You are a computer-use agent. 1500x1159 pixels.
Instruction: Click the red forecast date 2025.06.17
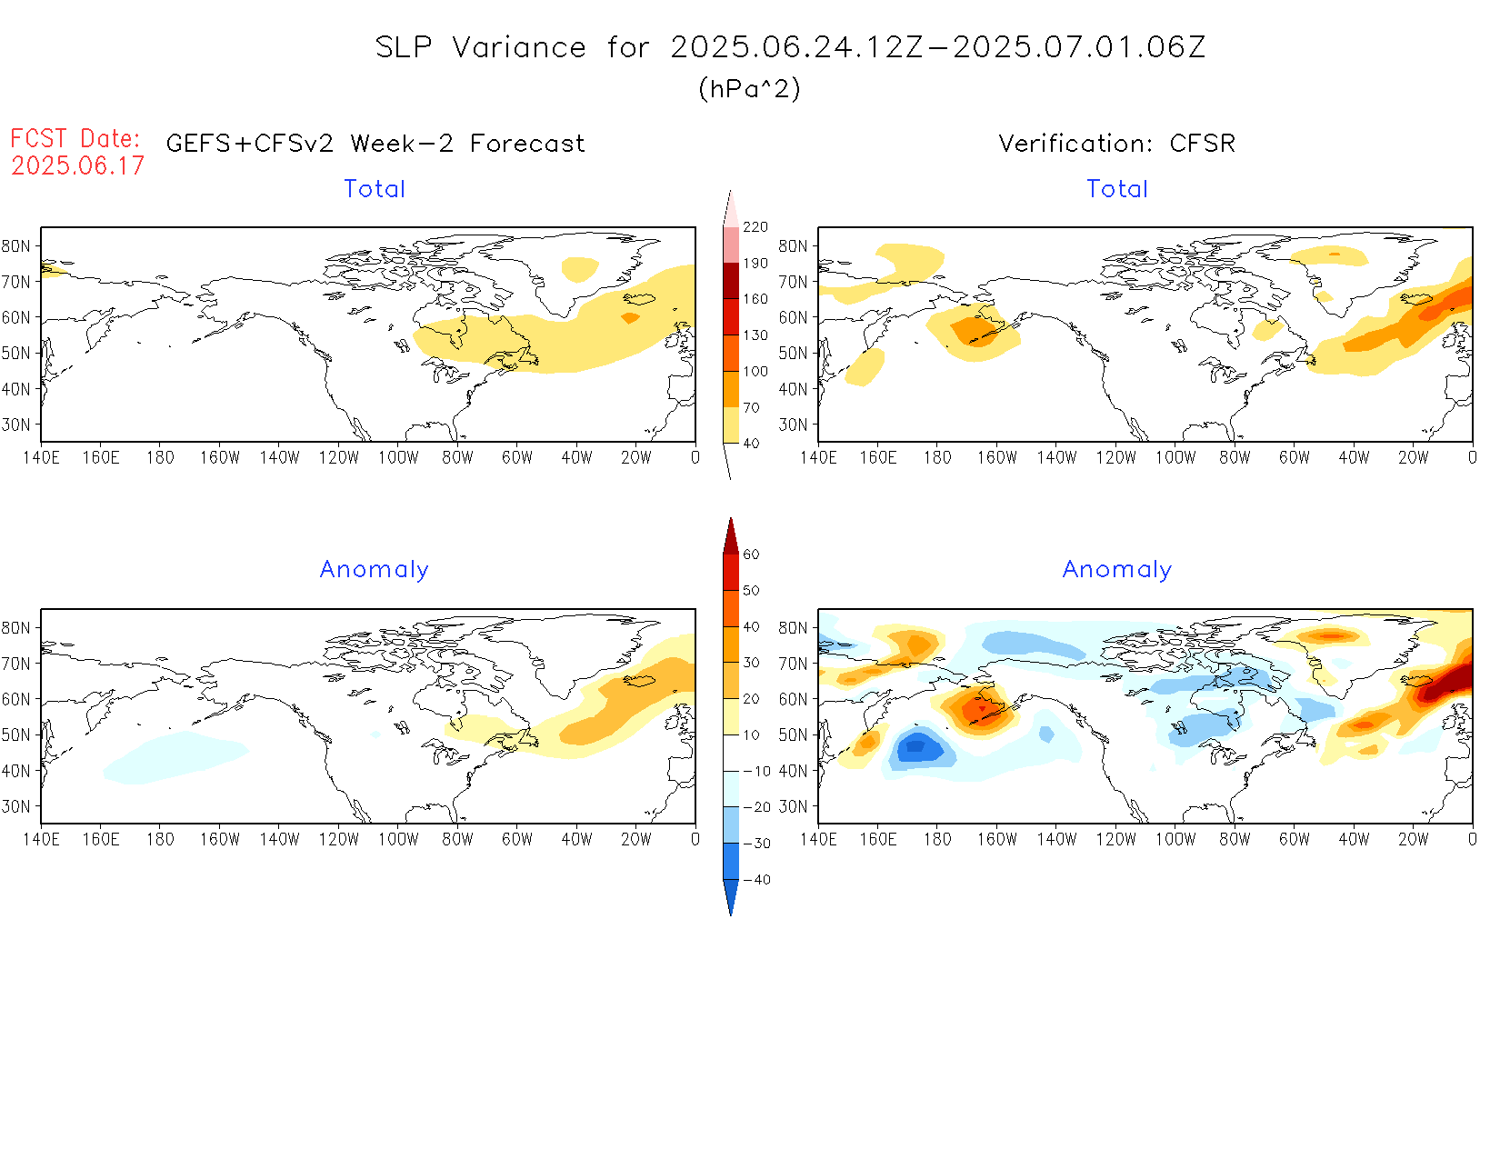78,165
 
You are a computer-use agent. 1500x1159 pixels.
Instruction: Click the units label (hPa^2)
749,88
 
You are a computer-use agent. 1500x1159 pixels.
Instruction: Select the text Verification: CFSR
1116,143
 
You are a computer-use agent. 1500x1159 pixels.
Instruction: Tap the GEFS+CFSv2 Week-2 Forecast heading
375,143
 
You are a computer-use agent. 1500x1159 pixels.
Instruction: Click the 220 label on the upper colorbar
755,226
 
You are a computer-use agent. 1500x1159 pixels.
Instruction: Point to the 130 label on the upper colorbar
755,335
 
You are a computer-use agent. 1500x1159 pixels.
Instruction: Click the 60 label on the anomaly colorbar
751,555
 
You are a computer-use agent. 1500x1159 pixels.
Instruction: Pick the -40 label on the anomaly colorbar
756,880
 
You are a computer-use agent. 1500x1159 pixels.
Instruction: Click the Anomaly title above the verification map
1116,569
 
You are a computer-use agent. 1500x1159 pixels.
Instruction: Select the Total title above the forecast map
375,188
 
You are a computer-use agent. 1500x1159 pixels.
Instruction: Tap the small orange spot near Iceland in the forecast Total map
630,317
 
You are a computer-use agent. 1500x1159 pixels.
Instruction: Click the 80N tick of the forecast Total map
16,245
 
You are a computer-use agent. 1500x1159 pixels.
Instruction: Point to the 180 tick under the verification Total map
937,458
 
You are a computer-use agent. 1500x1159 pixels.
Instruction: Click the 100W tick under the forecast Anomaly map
398,840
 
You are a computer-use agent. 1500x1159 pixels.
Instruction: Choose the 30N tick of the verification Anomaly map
793,806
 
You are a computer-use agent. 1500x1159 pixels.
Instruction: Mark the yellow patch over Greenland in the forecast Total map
579,268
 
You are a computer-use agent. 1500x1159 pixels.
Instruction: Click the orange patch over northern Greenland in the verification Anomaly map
1329,634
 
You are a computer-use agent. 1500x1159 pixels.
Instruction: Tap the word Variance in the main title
519,47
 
